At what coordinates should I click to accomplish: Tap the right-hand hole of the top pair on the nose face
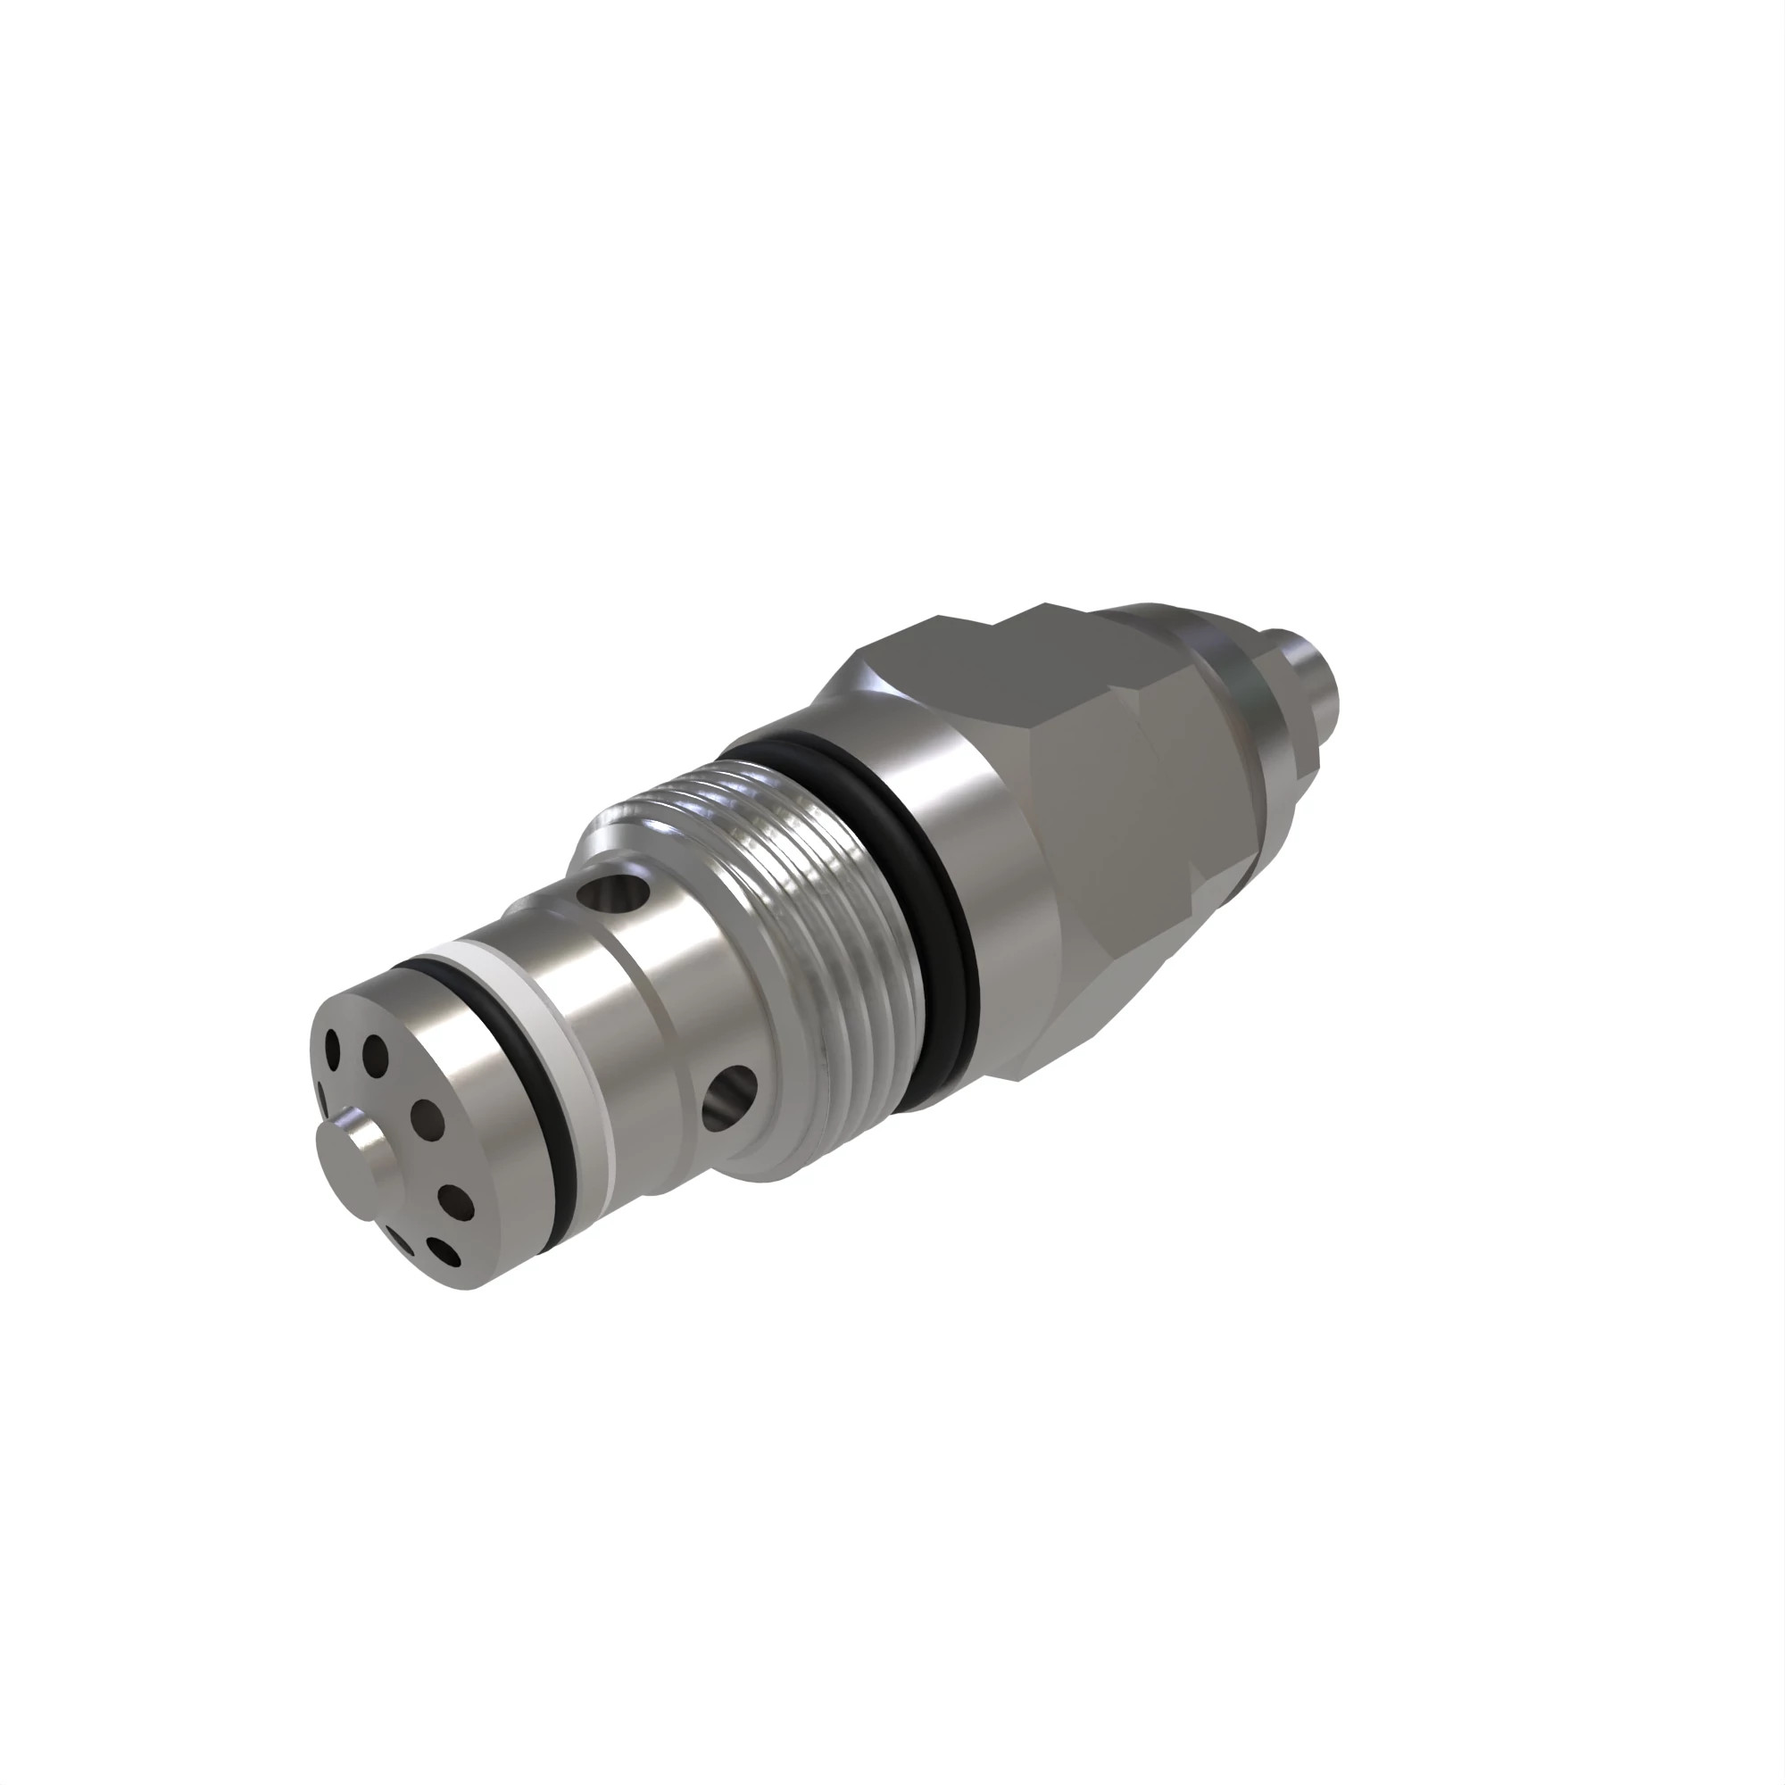[374, 1051]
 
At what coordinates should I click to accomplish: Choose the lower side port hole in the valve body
[729, 1099]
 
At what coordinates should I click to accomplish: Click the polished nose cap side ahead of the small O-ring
[462, 1136]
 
